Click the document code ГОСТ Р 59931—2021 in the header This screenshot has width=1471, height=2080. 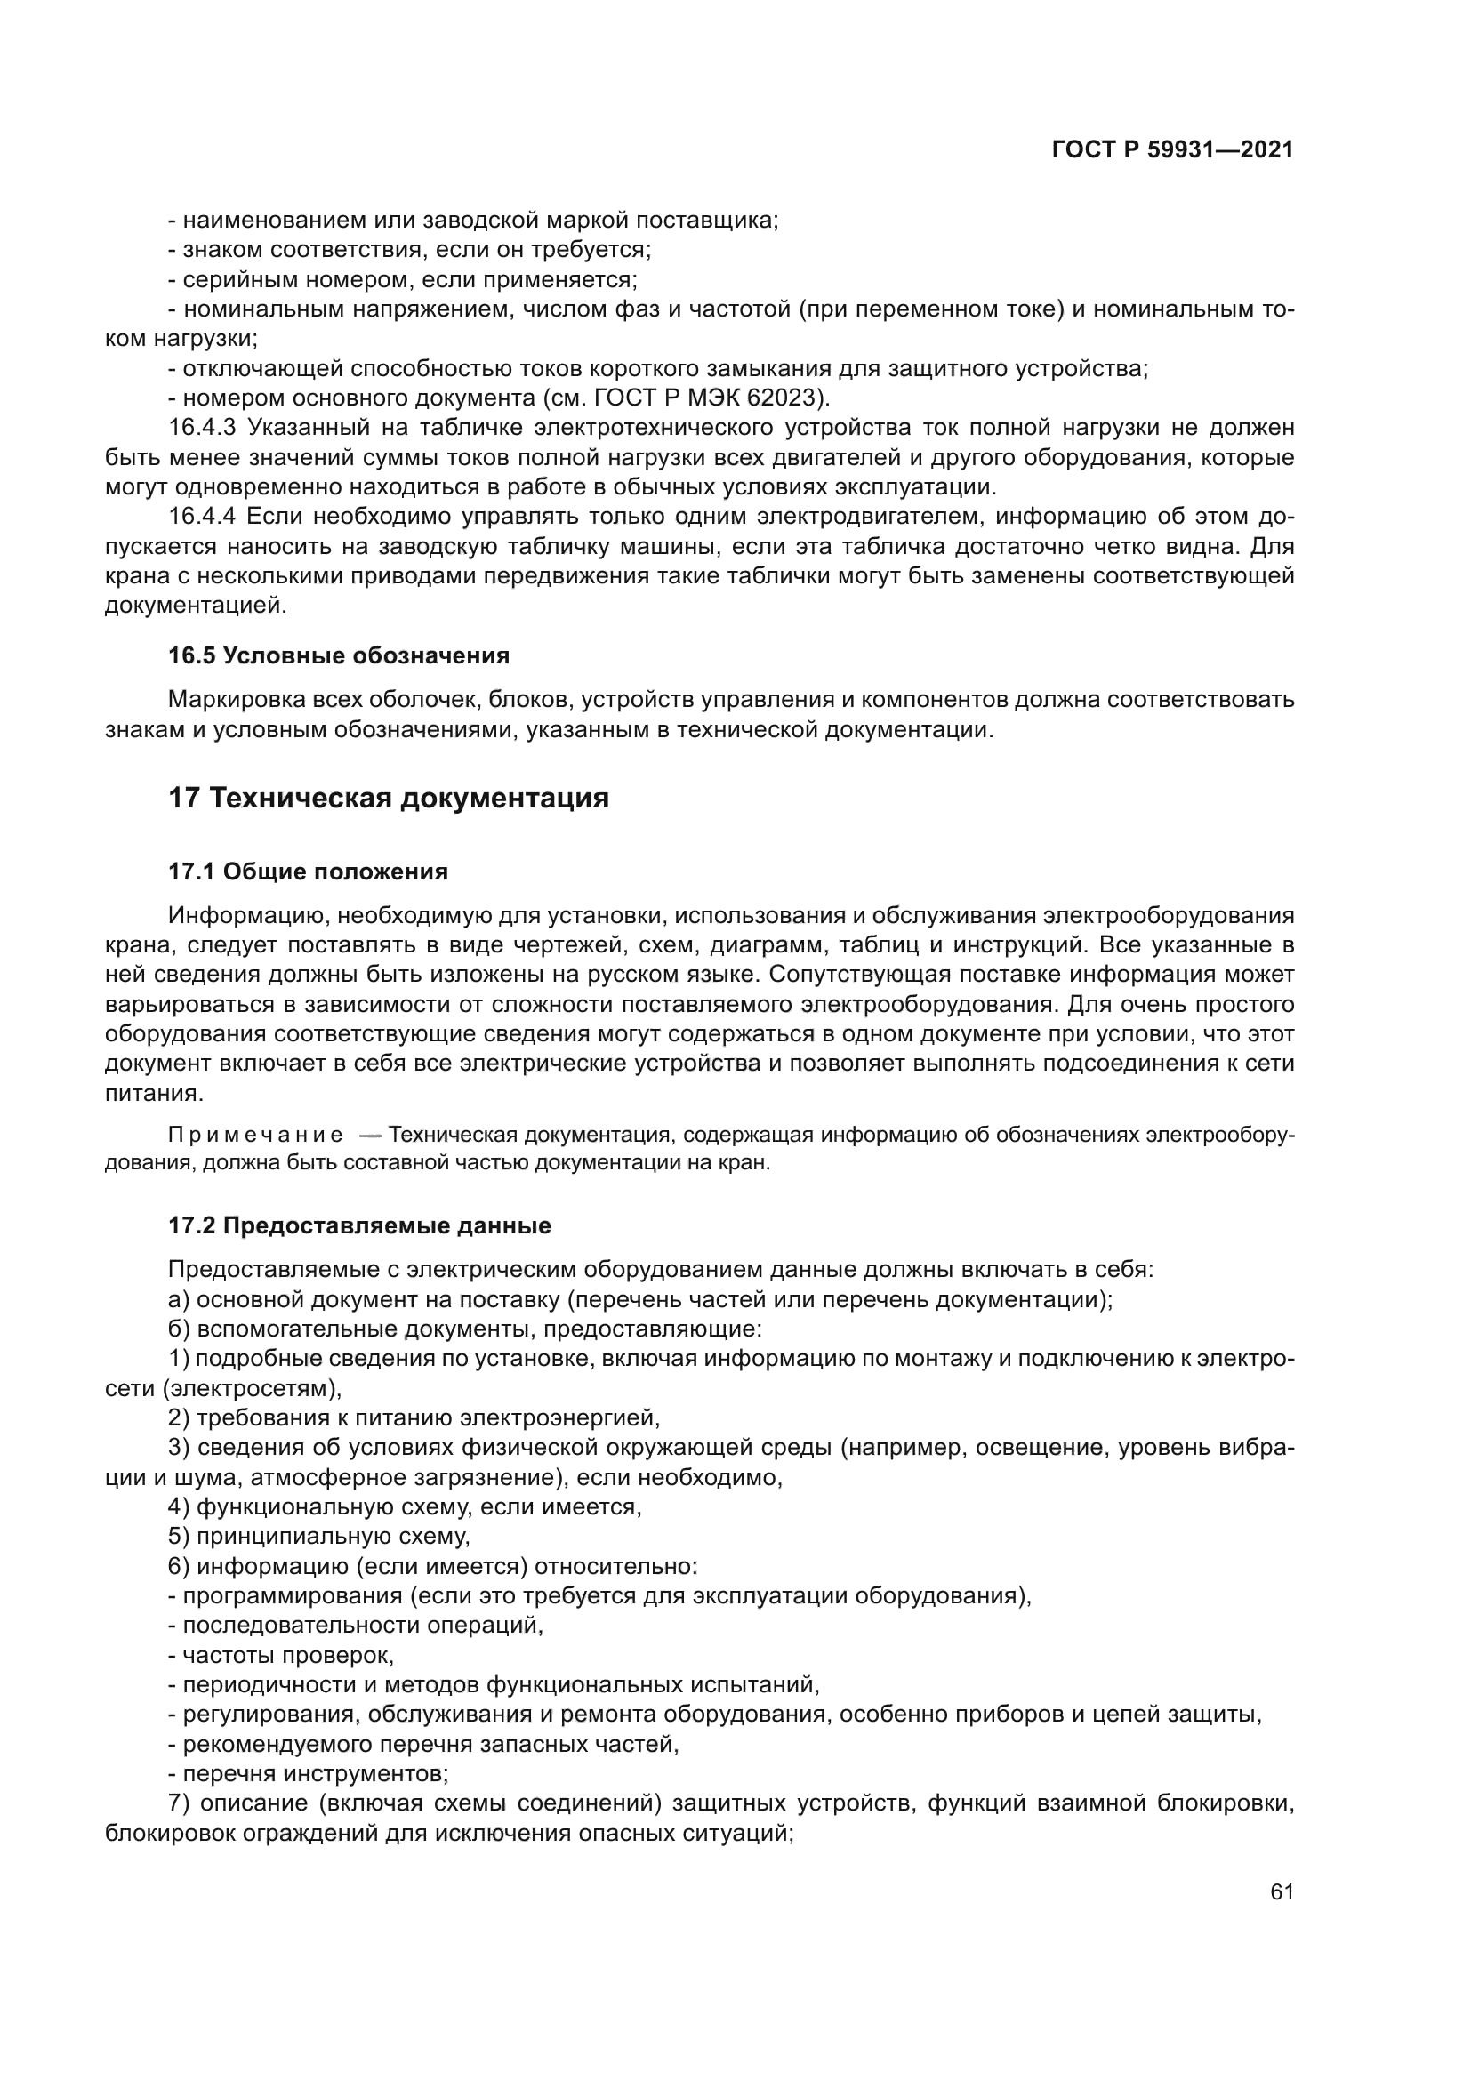point(1172,150)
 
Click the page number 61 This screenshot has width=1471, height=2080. point(1281,1891)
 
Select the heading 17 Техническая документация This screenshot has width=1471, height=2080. point(389,798)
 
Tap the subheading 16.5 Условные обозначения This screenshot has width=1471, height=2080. point(339,655)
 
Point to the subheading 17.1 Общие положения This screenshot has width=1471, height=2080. point(308,871)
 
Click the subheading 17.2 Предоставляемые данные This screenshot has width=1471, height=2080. point(359,1225)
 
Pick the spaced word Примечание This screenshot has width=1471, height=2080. point(255,1136)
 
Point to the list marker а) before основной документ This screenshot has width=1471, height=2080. point(179,1300)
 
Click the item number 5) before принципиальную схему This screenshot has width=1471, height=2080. point(179,1537)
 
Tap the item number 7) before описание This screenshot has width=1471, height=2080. point(179,1803)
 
